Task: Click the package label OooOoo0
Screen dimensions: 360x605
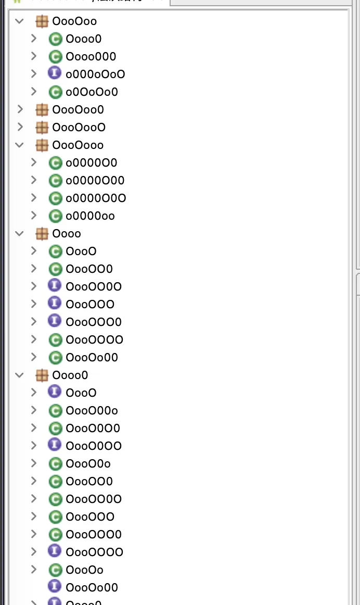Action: [78, 109]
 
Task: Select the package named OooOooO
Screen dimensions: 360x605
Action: [79, 127]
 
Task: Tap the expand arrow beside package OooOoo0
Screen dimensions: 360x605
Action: [20, 109]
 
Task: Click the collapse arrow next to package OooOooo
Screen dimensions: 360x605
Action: [20, 145]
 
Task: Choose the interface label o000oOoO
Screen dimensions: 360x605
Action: [95, 74]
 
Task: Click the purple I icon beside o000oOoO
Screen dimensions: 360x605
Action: [55, 73]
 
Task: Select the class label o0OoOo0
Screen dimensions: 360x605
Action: [92, 92]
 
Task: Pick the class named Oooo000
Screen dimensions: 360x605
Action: [91, 56]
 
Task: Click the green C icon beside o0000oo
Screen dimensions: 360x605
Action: [55, 216]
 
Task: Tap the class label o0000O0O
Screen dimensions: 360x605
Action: [96, 198]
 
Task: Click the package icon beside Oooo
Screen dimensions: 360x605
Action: [42, 233]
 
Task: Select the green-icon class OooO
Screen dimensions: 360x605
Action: [81, 251]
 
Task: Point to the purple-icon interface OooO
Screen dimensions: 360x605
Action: [81, 393]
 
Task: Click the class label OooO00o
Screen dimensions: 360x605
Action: [92, 410]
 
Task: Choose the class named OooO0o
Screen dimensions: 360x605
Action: [88, 463]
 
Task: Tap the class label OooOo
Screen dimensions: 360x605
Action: [84, 570]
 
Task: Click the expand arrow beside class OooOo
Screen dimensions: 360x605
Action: [34, 569]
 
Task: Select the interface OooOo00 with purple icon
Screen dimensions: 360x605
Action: [92, 587]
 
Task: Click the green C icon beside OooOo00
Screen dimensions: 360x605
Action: [55, 357]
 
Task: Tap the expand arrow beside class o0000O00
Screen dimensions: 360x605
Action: [34, 180]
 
